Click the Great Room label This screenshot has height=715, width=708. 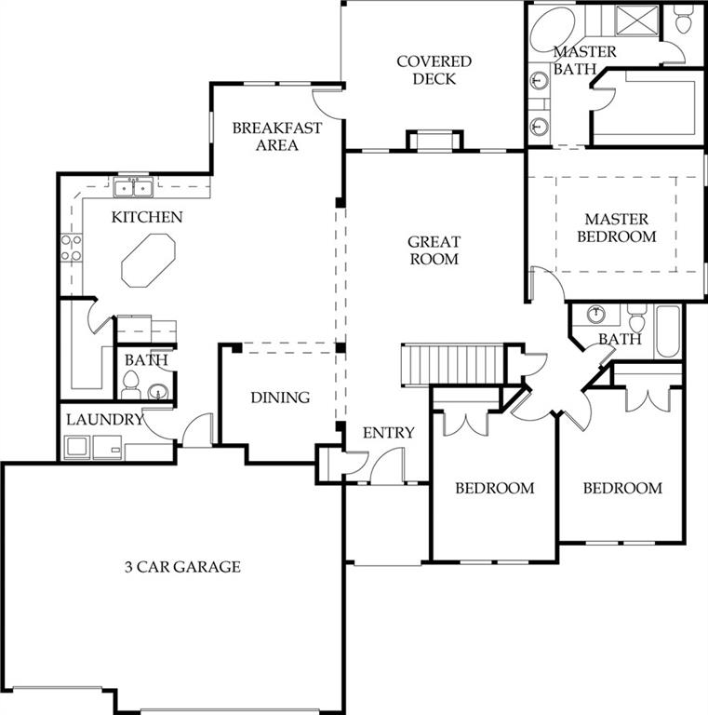[x=434, y=250]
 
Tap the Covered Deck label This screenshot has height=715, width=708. [x=434, y=70]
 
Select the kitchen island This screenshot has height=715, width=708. [x=149, y=261]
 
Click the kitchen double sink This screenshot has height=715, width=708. [x=133, y=188]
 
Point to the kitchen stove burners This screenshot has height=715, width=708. [x=72, y=248]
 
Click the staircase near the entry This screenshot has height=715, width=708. [x=451, y=365]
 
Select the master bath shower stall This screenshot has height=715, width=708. [x=636, y=20]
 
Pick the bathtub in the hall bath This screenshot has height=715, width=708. [x=668, y=331]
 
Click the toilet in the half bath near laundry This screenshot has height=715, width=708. [x=131, y=384]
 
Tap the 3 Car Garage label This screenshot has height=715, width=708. [x=182, y=567]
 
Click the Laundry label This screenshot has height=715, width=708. [x=105, y=420]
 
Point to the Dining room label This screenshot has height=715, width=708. [x=280, y=398]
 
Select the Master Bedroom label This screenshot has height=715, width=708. [x=617, y=228]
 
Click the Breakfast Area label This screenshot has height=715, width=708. [x=277, y=136]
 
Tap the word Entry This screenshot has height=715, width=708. [x=389, y=432]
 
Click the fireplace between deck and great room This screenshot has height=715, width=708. [x=434, y=140]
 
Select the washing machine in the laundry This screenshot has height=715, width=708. [x=77, y=447]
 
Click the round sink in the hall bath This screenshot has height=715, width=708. [x=596, y=314]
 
